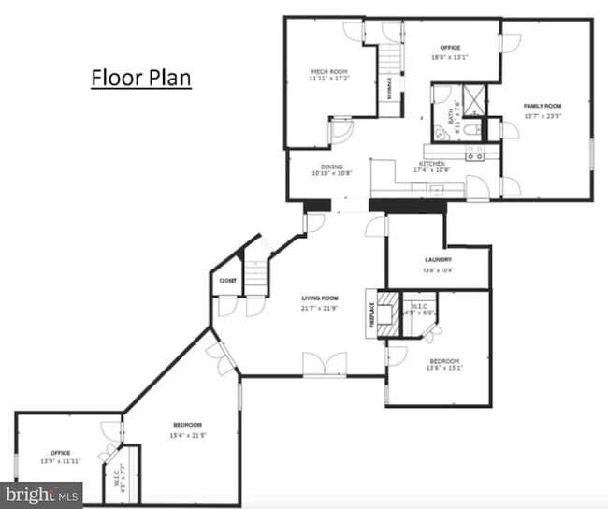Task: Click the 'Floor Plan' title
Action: point(140,77)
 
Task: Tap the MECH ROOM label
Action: point(329,72)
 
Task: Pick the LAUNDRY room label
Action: point(438,259)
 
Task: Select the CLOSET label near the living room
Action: point(228,281)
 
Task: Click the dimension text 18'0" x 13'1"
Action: point(450,57)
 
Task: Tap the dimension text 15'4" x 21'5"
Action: point(188,435)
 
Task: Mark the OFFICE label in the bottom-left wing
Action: point(61,453)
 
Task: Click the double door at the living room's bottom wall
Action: point(325,365)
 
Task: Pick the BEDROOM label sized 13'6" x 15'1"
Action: point(444,361)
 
